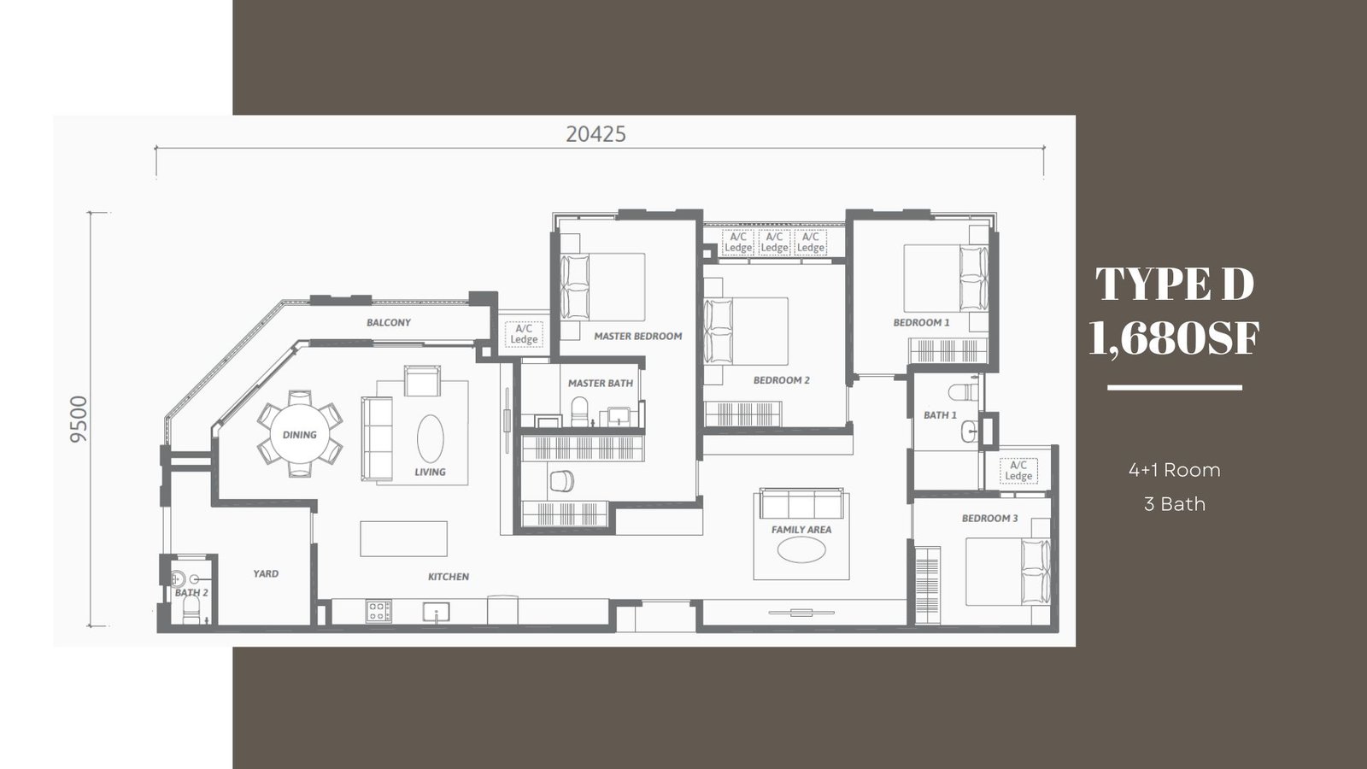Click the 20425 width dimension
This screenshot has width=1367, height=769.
click(x=595, y=134)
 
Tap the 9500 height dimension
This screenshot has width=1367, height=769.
click(x=79, y=419)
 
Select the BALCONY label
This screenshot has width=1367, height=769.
click(x=389, y=322)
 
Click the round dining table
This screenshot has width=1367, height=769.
click(x=300, y=435)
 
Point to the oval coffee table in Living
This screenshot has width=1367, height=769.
click(x=431, y=438)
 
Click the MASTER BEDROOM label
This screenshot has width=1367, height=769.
click(x=637, y=336)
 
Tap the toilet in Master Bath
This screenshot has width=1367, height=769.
click(x=578, y=411)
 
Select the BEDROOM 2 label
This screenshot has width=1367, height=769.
click(x=781, y=380)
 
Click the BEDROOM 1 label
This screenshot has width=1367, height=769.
click(x=922, y=322)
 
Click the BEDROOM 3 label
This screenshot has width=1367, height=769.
click(x=990, y=518)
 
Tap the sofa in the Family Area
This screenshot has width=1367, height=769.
click(x=801, y=503)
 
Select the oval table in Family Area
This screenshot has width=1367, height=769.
click(x=801, y=549)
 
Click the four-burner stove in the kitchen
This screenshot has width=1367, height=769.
click(x=378, y=611)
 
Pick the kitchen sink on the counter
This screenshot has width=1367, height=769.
click(x=437, y=612)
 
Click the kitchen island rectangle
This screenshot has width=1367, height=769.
click(x=403, y=538)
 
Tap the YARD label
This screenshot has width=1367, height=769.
click(x=266, y=573)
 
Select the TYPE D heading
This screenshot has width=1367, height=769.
click(x=1175, y=284)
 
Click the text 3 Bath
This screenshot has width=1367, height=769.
click(x=1175, y=504)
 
